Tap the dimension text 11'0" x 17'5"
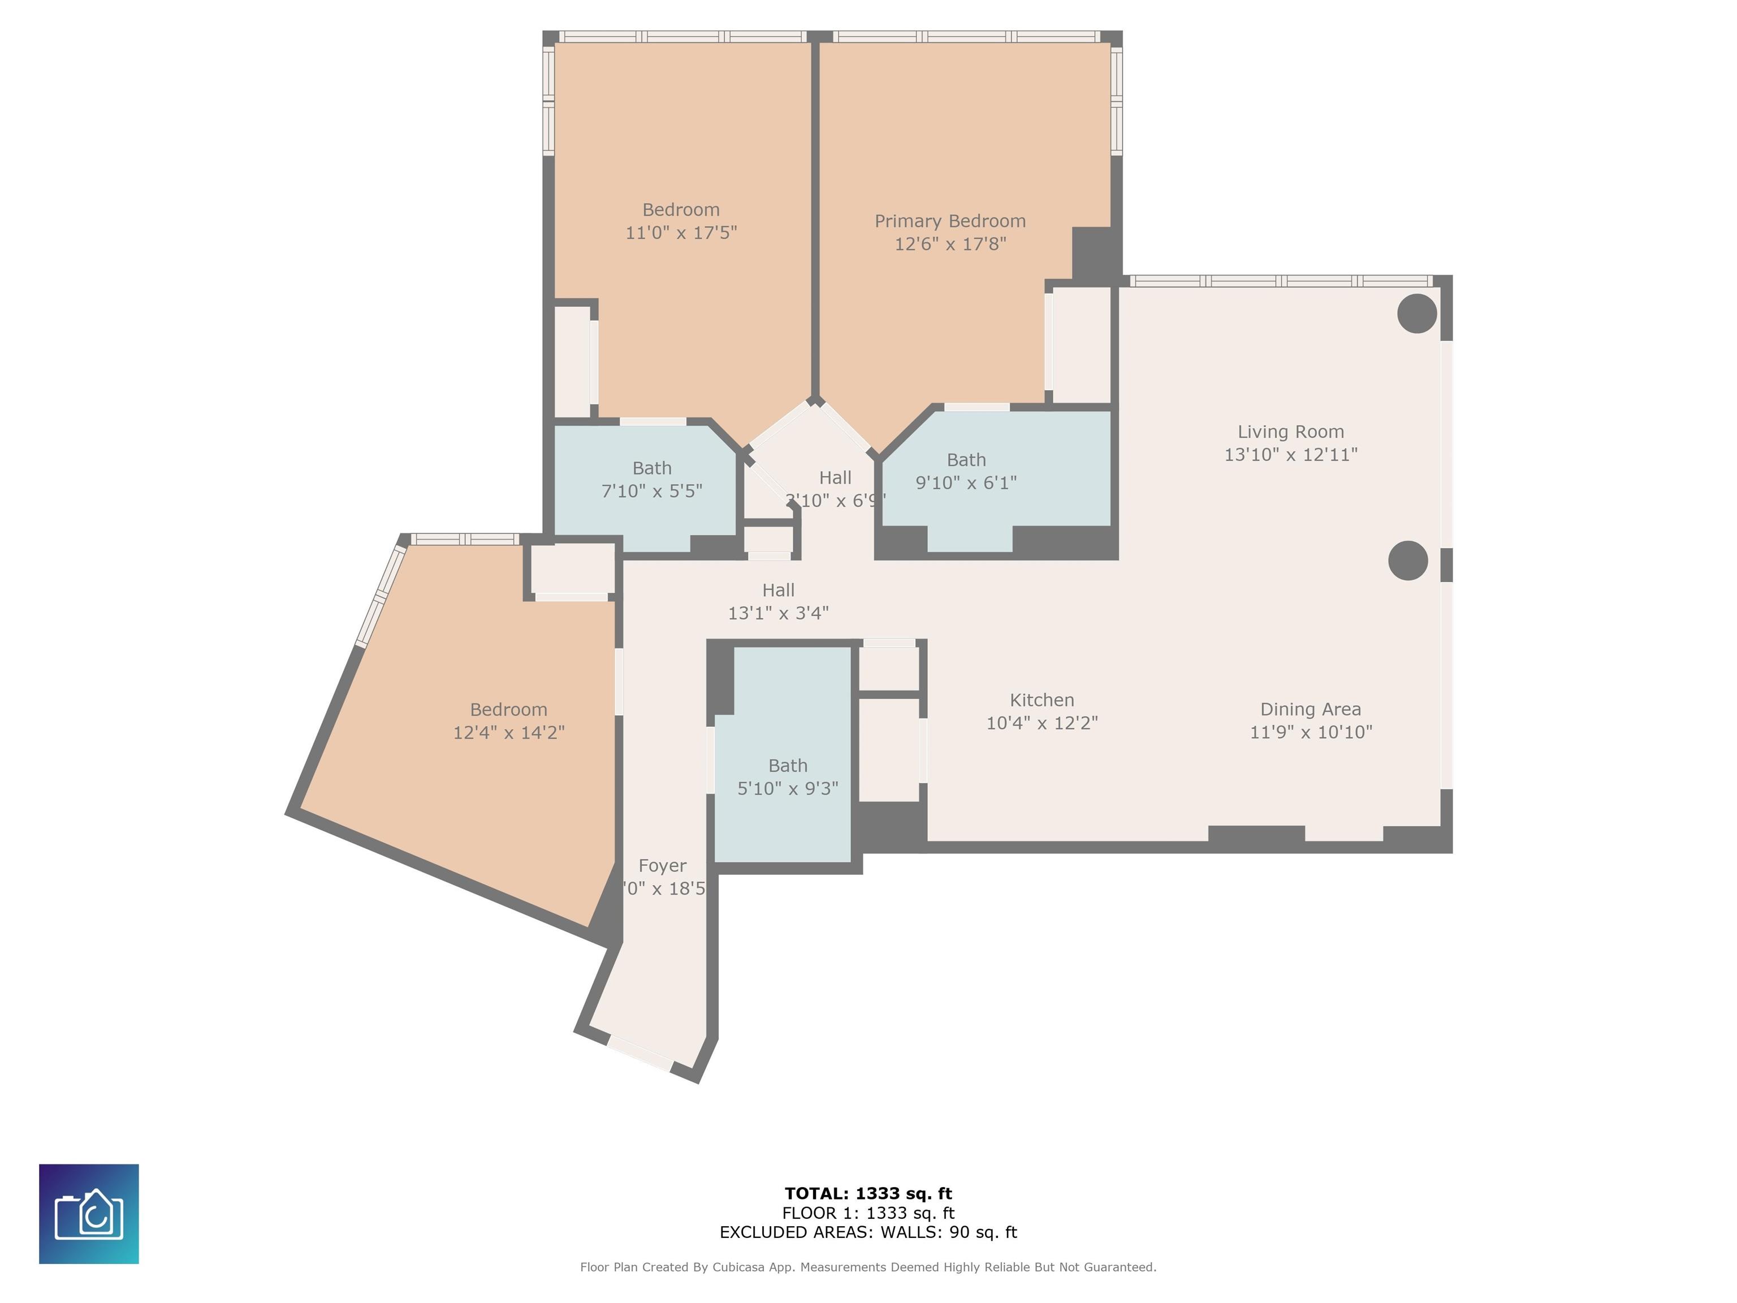681,232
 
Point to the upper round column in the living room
1416,313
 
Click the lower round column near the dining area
1407,561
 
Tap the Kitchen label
1042,700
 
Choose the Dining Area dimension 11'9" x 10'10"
1311,732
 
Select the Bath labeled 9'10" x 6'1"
966,471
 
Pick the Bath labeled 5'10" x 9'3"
788,777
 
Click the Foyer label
662,865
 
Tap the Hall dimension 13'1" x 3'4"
778,614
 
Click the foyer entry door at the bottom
640,1053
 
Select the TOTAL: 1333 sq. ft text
868,1194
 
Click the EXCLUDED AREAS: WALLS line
868,1232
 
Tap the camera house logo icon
89,1214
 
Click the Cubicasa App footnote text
868,1267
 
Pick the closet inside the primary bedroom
1081,346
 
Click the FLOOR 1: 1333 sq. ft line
868,1214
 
